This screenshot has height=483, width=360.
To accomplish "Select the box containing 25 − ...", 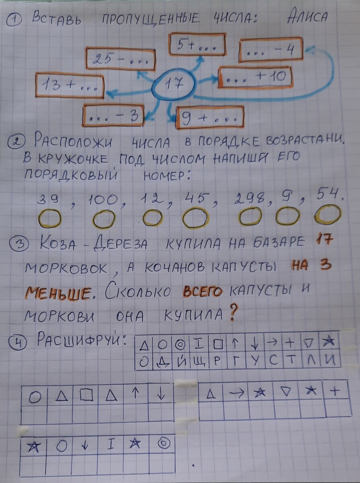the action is point(120,59).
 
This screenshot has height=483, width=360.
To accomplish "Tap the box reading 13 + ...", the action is point(70,85).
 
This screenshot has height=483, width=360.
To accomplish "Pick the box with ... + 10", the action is point(255,77).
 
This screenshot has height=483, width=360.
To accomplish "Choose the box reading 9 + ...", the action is point(210,117).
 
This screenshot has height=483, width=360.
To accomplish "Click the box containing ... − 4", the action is point(271,50).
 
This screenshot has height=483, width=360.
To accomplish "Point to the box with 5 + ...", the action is point(197,44).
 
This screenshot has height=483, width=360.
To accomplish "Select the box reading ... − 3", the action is point(113,116).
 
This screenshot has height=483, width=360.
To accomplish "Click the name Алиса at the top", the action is point(308,17).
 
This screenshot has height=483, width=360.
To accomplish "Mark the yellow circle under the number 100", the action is point(104,219).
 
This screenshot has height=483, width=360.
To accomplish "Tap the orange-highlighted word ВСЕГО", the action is point(202,291).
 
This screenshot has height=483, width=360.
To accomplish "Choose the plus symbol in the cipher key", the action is point(290,343).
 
